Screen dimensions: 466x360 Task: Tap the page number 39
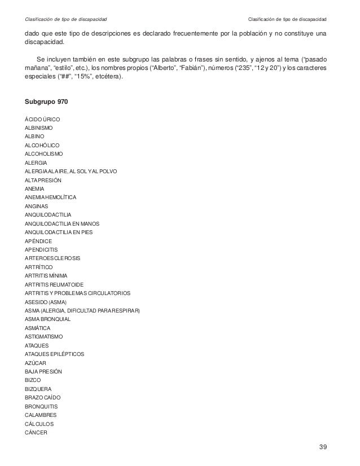(x=323, y=447)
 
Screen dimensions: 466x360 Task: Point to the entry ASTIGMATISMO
(x=44, y=336)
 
